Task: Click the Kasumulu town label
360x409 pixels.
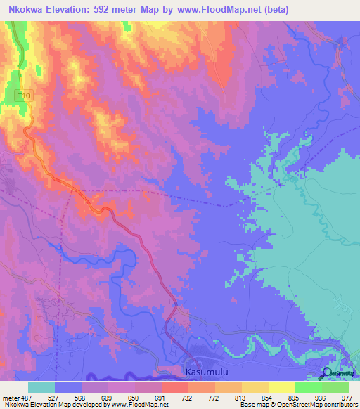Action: click(x=205, y=371)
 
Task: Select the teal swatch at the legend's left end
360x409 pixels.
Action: click(x=41, y=387)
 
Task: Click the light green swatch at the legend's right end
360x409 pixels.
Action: click(x=335, y=387)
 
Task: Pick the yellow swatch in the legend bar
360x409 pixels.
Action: click(x=282, y=387)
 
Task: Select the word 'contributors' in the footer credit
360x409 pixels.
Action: click(x=341, y=405)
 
